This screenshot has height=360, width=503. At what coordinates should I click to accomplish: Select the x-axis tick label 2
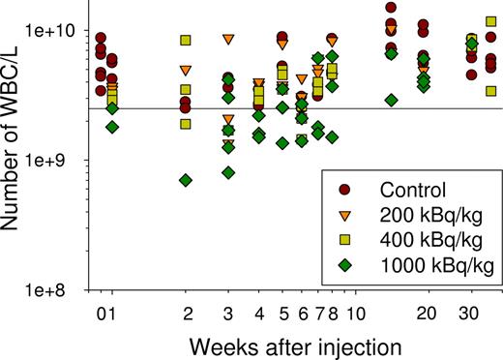tap(188, 315)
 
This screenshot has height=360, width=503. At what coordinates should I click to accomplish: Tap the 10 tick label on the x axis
tap(356, 315)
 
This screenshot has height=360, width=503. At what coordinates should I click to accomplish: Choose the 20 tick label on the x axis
tap(423, 315)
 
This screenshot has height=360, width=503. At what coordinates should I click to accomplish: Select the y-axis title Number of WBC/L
tap(13, 145)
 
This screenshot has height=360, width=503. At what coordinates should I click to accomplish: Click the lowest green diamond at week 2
tap(187, 181)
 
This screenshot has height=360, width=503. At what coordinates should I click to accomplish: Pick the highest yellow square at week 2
tap(187, 41)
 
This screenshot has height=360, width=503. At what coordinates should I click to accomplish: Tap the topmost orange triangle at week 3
tap(228, 40)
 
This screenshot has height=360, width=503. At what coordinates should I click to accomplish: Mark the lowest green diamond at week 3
tap(228, 172)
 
